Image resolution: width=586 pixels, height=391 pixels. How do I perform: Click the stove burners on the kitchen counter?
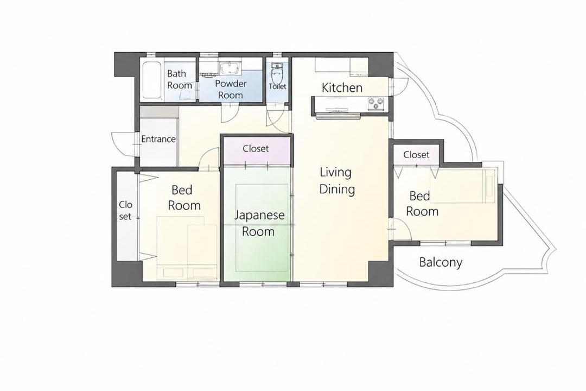tap(377, 104)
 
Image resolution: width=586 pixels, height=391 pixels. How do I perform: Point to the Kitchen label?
tap(342, 87)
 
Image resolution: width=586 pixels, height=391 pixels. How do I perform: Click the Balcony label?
tap(441, 262)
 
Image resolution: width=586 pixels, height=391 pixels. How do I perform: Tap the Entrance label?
tap(158, 139)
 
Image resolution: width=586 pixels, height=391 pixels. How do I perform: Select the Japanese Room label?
tap(259, 223)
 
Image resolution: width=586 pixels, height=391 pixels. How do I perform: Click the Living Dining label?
tap(337, 181)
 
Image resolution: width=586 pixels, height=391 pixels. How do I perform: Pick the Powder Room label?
tap(231, 89)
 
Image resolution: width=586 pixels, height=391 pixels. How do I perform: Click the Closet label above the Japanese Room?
tap(256, 149)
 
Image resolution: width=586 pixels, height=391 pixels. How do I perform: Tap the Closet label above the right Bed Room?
tap(416, 155)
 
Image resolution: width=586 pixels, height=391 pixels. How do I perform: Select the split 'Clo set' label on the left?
tap(125, 210)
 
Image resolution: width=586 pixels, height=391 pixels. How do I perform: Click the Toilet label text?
tap(277, 86)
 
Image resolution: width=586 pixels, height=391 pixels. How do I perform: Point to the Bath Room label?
tap(180, 79)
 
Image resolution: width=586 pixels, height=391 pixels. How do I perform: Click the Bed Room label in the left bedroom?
tap(184, 198)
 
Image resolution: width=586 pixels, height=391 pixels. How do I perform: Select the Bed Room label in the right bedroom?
tap(422, 204)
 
